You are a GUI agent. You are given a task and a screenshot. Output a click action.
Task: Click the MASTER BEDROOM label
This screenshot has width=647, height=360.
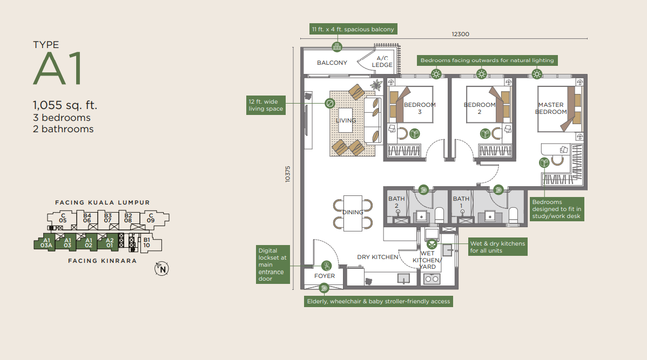click(x=551, y=108)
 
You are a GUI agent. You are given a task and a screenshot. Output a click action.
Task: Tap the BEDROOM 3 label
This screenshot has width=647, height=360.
click(x=420, y=108)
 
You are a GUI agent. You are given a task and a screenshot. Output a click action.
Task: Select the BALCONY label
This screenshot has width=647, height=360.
click(x=332, y=63)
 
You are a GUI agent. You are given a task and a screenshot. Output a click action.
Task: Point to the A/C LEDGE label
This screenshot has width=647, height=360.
click(x=382, y=62)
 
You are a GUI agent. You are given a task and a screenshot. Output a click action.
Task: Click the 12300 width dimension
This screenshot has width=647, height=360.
click(x=461, y=34)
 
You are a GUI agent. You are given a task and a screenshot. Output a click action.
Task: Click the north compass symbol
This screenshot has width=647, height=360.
click(x=160, y=268)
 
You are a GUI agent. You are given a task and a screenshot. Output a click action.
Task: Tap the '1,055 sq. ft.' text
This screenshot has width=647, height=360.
click(x=65, y=105)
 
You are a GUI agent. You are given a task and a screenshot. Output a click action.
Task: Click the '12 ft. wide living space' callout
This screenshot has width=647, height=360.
click(x=266, y=105)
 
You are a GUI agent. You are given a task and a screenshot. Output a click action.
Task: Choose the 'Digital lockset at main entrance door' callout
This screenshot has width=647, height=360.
click(x=273, y=264)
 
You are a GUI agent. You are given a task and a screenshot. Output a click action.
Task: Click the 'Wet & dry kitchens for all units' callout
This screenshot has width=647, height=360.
click(x=497, y=247)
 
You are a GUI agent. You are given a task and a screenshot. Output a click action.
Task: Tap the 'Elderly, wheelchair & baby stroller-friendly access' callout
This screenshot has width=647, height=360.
click(x=378, y=301)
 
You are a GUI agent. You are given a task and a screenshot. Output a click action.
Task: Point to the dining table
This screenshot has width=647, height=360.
click(x=353, y=212)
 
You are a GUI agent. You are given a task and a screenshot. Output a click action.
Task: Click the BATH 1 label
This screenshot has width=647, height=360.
click(x=461, y=202)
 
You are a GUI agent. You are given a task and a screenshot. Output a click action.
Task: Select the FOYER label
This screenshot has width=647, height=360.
click(x=325, y=276)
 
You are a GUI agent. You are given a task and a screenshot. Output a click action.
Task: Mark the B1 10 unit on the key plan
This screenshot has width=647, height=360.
click(x=146, y=243)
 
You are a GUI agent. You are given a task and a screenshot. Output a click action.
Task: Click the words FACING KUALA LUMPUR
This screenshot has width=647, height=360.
click(x=102, y=202)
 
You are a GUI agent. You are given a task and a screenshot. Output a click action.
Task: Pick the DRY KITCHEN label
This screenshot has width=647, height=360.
click(x=378, y=257)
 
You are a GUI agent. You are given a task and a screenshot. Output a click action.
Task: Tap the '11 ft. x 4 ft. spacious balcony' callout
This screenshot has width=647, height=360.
click(x=353, y=29)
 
